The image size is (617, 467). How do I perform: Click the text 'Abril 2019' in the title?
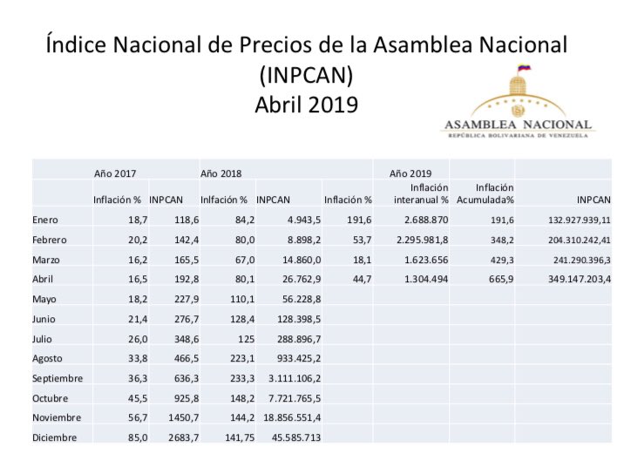click(x=306, y=105)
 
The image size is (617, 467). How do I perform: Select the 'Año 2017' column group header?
click(x=115, y=173)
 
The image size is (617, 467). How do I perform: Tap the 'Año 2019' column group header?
click(x=410, y=173)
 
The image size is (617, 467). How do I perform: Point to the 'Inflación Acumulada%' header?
click(x=485, y=193)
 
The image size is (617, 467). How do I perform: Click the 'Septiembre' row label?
click(x=57, y=378)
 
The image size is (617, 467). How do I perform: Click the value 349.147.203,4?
click(x=567, y=279)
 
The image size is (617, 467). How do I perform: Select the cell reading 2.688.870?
click(x=422, y=220)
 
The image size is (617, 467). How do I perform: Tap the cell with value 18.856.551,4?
click(x=288, y=417)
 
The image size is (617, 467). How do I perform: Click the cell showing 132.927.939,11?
click(x=564, y=220)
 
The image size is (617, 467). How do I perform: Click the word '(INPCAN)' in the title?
click(x=306, y=75)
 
